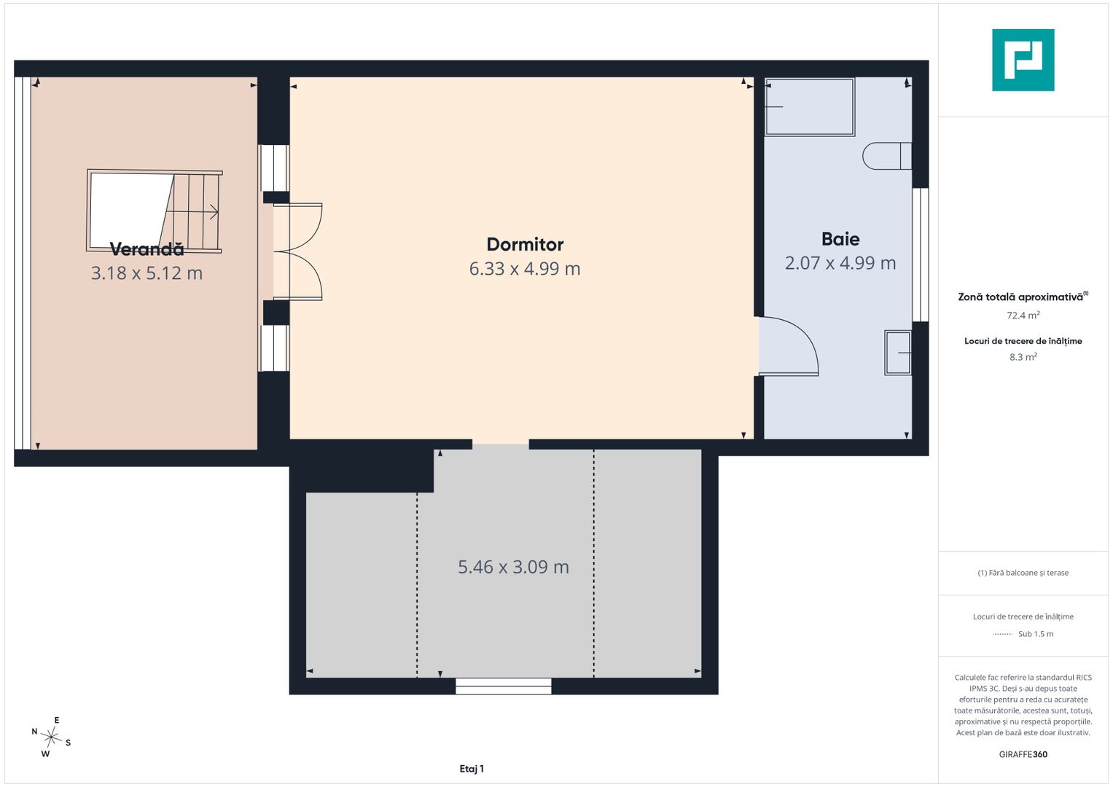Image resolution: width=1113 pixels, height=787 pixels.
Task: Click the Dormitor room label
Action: click(x=525, y=244)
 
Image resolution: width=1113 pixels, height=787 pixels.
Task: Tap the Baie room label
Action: click(x=840, y=239)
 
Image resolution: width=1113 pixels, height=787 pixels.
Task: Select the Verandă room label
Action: click(x=147, y=249)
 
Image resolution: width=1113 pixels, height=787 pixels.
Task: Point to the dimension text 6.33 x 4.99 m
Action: click(x=525, y=269)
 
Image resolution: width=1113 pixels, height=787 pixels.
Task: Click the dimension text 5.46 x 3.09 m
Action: click(x=513, y=567)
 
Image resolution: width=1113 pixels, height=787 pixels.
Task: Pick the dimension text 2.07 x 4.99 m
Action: click(x=840, y=263)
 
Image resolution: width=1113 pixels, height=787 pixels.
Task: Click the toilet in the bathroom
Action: click(x=887, y=156)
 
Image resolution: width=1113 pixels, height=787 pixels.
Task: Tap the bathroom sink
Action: click(x=897, y=352)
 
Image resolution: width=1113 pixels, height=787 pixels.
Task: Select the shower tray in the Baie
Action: click(x=809, y=107)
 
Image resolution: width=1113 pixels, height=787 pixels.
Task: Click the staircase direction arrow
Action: click(x=192, y=211)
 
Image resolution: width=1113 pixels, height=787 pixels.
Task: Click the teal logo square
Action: click(x=1023, y=60)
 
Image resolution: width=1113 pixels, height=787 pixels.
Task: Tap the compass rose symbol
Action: click(x=51, y=737)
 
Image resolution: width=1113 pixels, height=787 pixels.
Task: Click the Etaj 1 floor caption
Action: click(x=472, y=769)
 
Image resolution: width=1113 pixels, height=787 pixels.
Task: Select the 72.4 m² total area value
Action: click(x=1023, y=315)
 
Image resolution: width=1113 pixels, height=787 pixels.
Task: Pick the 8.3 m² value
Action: click(x=1023, y=357)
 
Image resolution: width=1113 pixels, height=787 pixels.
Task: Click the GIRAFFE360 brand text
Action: click(x=1023, y=754)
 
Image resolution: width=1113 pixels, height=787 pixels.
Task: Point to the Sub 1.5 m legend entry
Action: click(x=1023, y=634)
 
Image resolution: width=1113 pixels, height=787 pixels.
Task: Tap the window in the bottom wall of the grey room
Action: click(x=504, y=686)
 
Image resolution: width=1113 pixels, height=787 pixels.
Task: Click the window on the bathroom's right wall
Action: click(x=921, y=255)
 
